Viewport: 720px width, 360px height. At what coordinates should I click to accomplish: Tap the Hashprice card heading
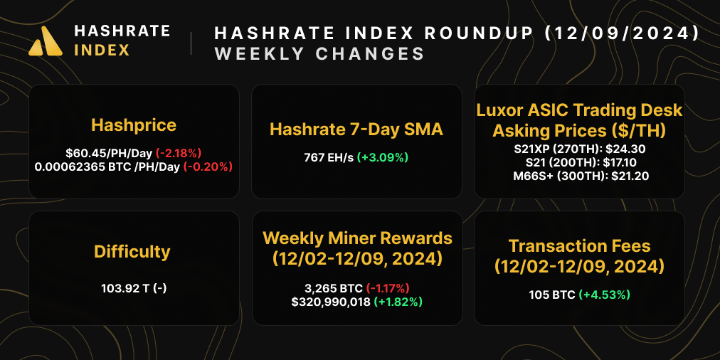[134, 125]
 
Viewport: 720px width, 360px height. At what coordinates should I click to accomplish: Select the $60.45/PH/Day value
[107, 153]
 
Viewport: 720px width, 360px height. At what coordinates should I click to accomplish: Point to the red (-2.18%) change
[179, 153]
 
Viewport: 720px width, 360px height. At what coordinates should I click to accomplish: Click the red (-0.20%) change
[208, 166]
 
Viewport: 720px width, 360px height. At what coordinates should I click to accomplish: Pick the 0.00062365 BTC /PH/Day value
[107, 166]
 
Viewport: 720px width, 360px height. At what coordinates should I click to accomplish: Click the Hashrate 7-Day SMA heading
[356, 129]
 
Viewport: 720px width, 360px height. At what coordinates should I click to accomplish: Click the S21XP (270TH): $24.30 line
[579, 150]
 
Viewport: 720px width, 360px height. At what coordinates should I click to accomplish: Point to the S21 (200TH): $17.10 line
[579, 163]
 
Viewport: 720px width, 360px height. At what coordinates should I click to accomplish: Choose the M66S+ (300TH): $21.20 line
[579, 176]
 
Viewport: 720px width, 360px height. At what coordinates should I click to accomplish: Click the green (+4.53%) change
[604, 295]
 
